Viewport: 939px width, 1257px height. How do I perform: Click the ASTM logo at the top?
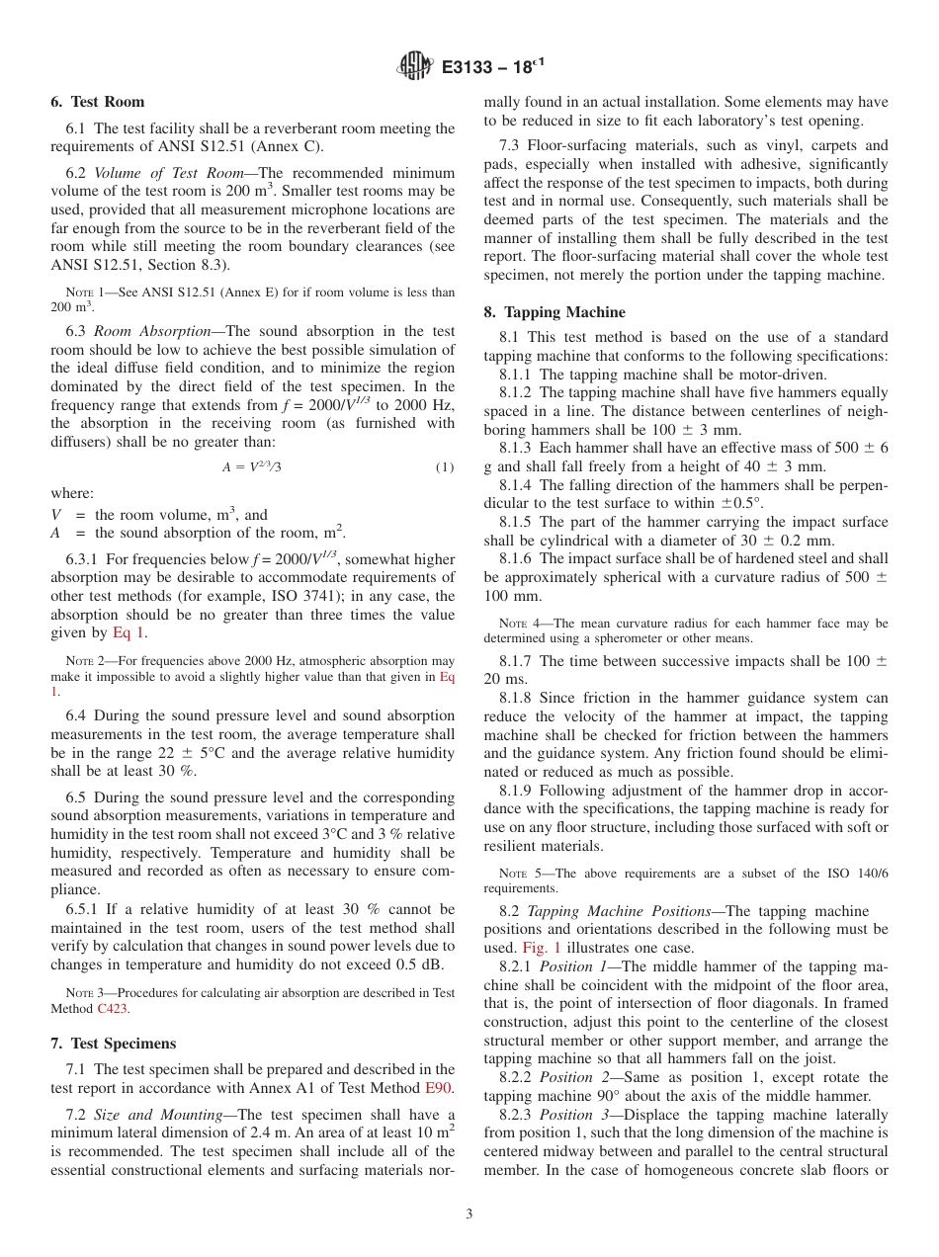(x=414, y=66)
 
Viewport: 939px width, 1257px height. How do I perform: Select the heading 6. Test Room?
(x=97, y=102)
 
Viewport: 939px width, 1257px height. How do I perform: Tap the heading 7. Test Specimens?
(x=113, y=1044)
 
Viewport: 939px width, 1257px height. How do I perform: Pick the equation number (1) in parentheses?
(x=445, y=466)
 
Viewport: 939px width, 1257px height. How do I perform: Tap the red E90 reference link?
(x=440, y=1088)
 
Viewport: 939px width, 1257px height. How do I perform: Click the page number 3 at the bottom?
(x=469, y=1215)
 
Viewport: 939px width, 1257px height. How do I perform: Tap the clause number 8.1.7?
(x=520, y=660)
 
